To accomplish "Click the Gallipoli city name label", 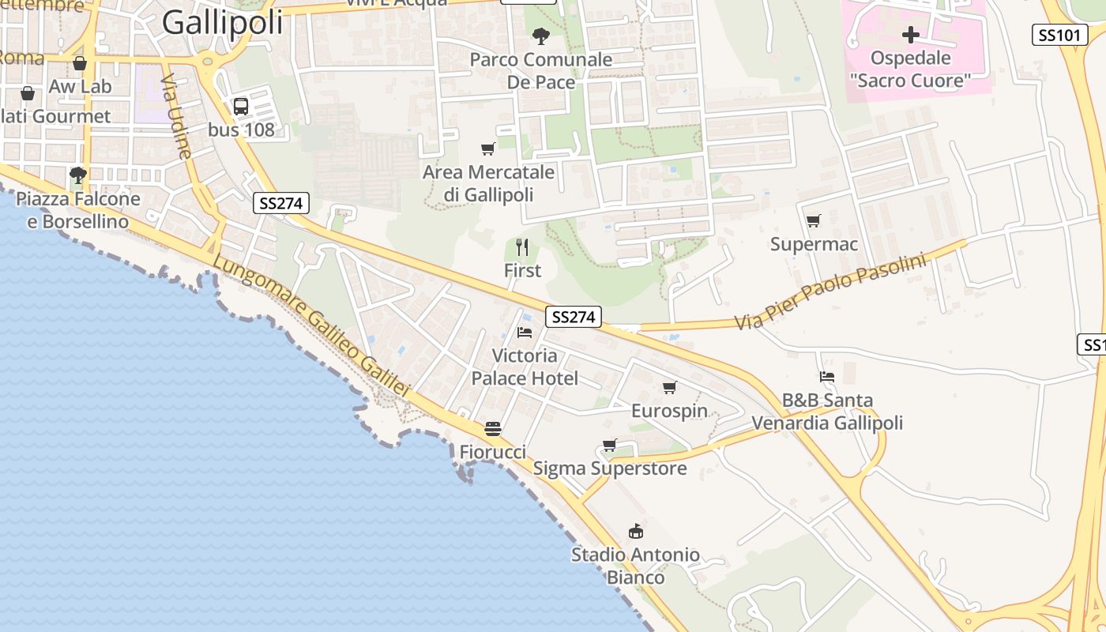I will point(222,22).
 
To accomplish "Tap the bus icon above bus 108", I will point(241,106).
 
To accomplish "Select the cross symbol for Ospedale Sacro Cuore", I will point(911,35).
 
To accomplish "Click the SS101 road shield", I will point(1059,34).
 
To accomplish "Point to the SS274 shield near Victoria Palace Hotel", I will point(573,317).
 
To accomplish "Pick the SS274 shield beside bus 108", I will point(280,203).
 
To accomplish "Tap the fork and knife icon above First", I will point(521,247).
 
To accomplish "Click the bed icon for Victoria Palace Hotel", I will point(525,333).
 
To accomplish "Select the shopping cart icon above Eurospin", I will point(669,387).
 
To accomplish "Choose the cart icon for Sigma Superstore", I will point(609,445).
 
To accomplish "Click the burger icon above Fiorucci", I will point(493,429).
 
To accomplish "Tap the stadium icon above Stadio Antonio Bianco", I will point(635,531).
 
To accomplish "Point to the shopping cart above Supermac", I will point(813,221).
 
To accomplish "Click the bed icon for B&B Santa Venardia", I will point(826,377).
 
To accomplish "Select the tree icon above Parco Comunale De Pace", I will point(540,36).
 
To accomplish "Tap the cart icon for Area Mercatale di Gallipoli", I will point(488,149).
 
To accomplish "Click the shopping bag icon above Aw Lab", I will point(80,63).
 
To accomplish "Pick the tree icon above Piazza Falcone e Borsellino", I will point(77,175).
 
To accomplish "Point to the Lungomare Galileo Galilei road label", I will point(311,327).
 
